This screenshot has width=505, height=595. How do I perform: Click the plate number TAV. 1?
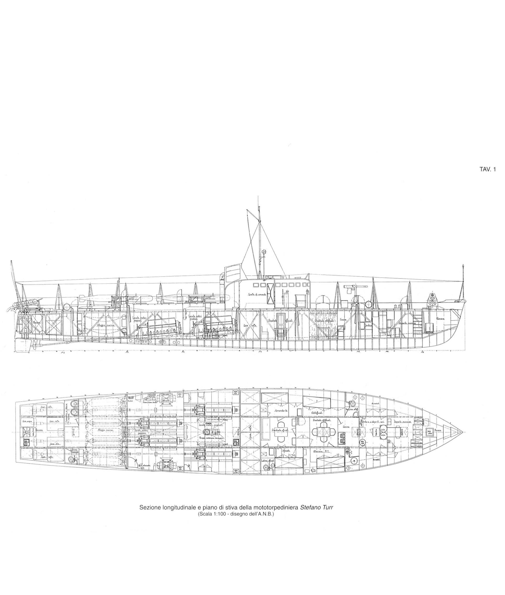click(x=487, y=169)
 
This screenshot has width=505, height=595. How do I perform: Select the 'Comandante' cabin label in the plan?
click(x=281, y=410)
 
